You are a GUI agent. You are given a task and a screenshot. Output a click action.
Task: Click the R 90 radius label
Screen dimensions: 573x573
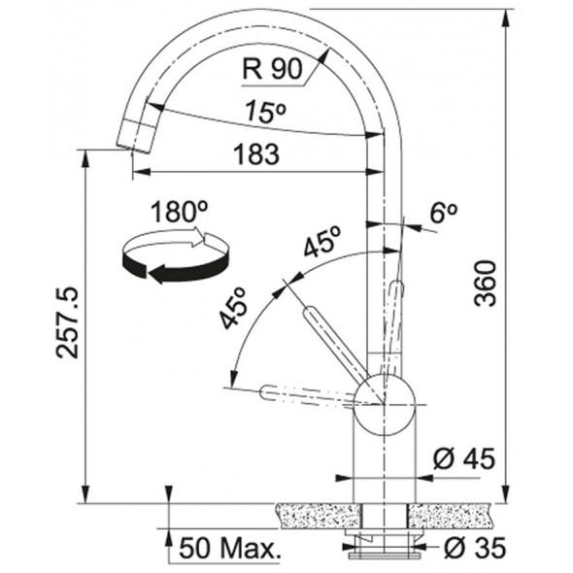273,69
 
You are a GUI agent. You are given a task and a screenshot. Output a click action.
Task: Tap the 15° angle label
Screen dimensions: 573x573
266,112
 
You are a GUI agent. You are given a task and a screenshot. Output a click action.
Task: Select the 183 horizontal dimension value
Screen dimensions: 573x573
256,153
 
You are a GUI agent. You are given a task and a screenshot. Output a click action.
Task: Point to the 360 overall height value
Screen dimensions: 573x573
486,283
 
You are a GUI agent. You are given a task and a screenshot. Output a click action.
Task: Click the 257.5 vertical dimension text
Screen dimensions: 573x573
67,322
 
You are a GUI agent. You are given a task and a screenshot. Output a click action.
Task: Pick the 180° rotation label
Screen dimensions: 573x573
179,212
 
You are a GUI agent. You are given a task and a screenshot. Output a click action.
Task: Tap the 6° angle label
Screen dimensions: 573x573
443,212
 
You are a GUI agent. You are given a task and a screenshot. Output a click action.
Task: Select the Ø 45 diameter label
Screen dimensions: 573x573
464,458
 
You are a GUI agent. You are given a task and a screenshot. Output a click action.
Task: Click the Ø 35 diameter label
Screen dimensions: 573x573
475,548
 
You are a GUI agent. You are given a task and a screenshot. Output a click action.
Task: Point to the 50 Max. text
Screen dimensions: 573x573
230,548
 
